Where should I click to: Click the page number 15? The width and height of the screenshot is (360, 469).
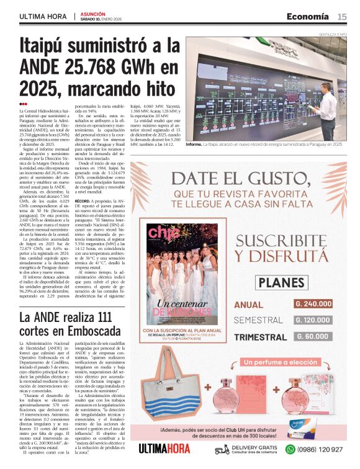[x=342, y=17]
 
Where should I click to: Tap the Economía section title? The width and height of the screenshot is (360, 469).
[x=308, y=16]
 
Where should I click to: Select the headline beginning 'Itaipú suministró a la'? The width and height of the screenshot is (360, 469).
[x=99, y=65]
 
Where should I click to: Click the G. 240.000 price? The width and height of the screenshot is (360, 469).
[x=313, y=304]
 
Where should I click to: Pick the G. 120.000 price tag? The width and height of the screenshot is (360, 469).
[x=313, y=320]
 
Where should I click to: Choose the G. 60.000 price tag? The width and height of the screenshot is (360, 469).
[x=313, y=336]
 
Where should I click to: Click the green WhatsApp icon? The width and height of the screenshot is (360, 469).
[x=290, y=449]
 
